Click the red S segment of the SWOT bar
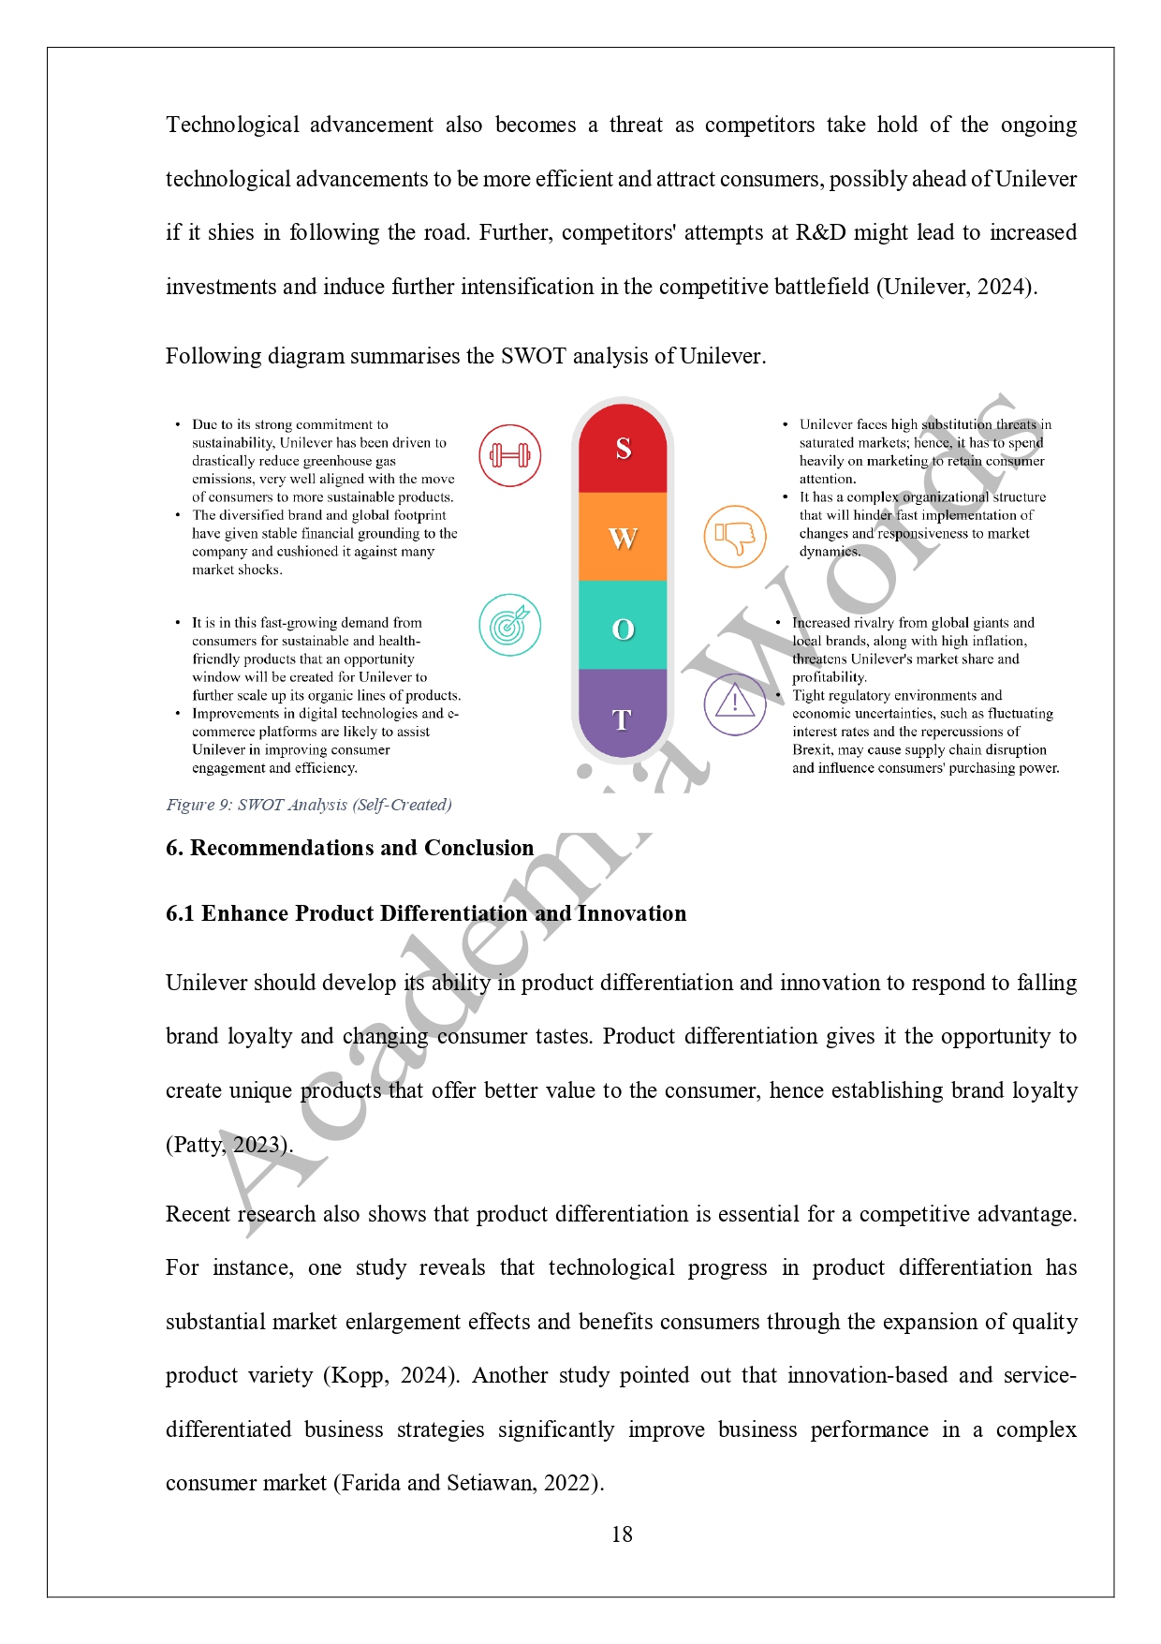(623, 449)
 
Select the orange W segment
(623, 538)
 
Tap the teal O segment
(623, 628)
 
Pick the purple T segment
(623, 718)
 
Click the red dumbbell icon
(510, 456)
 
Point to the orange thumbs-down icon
(735, 537)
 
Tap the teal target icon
(510, 625)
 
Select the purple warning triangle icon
(735, 704)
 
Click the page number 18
(622, 1534)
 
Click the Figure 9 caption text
(309, 805)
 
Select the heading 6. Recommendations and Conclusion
(349, 848)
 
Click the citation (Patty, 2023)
(229, 1145)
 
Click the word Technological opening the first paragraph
(232, 126)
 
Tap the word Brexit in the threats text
(813, 749)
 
